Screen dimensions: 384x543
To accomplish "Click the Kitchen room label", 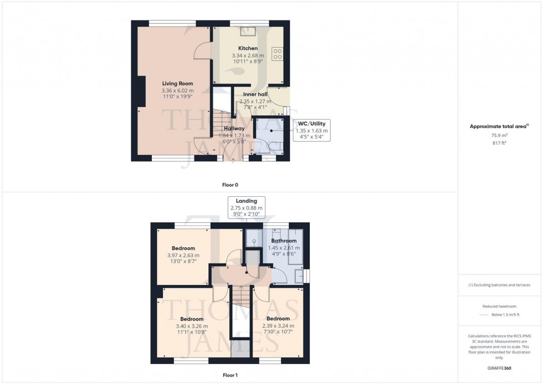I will pos(248,48).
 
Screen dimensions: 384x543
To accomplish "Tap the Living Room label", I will pos(177,84).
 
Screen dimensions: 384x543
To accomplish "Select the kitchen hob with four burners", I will pos(278,54).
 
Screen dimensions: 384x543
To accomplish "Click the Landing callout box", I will pos(246,207).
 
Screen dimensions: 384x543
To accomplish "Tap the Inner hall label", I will pos(255,94).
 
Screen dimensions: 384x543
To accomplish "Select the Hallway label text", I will pos(234,128).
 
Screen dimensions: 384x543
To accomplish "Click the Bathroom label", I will pos(284,241).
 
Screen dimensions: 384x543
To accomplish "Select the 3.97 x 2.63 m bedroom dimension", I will pos(183,255).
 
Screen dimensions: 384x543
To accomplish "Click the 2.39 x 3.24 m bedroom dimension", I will pos(278,326).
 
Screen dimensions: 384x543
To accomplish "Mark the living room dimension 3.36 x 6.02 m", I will pos(177,91).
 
